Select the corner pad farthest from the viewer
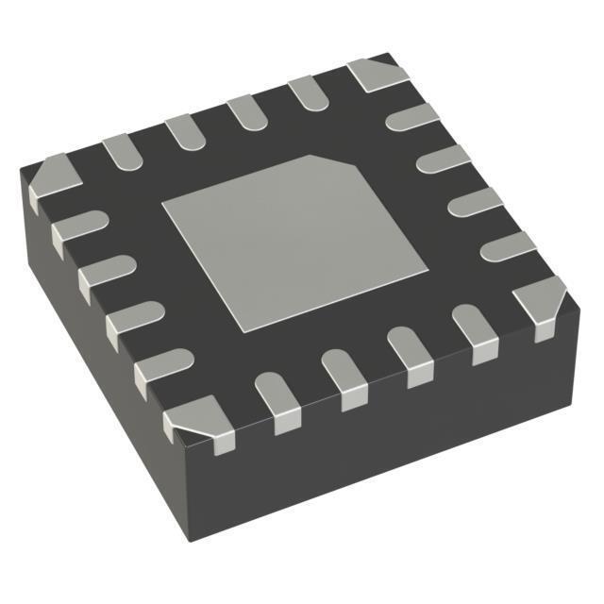(x=377, y=75)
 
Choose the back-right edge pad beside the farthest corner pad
(x=413, y=117)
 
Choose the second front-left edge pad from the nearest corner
(x=133, y=321)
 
